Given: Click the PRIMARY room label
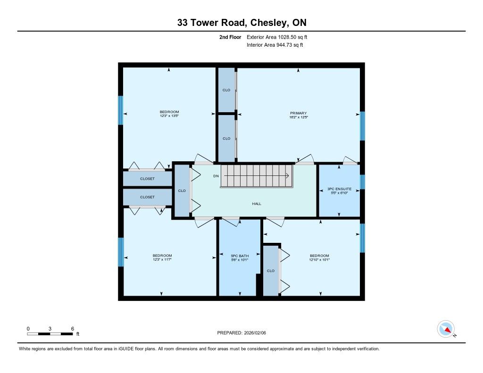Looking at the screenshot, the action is [x=298, y=113].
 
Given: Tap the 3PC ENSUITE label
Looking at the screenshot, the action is [x=339, y=189].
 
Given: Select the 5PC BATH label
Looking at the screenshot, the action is [x=240, y=256].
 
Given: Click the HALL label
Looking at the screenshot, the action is [x=257, y=204].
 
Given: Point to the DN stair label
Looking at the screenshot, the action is [x=216, y=176].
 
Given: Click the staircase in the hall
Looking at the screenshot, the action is [x=256, y=176].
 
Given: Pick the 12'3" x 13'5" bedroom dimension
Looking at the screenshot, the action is [x=169, y=116].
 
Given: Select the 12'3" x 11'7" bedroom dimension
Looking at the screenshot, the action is [x=162, y=259].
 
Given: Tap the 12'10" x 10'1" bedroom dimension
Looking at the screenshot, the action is [x=319, y=260].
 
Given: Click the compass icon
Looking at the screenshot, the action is [x=446, y=329].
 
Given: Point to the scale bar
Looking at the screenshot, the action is [x=50, y=334].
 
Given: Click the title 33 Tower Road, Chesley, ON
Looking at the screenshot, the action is [x=242, y=23].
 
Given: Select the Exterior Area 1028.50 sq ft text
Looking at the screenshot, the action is [x=277, y=37].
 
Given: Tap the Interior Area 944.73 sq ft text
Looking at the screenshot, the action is [x=275, y=45].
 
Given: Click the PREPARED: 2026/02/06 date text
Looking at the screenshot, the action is [x=241, y=332].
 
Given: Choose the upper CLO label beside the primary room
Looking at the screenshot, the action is [x=226, y=90].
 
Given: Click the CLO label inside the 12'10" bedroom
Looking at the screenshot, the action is [x=271, y=271].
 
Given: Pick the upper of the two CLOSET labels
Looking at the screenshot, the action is [x=147, y=179].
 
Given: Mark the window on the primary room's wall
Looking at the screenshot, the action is [x=363, y=126].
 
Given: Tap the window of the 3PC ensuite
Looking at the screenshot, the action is [x=363, y=182].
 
